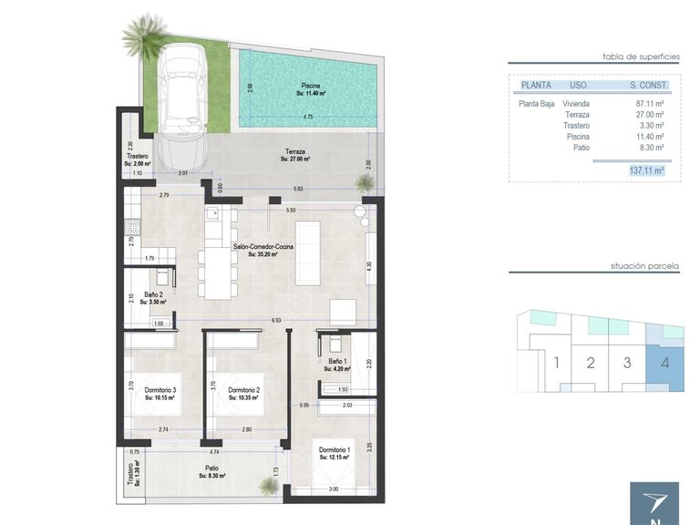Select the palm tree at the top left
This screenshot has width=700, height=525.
pyautogui.click(x=144, y=36)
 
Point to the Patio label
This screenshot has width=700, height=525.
pyautogui.click(x=211, y=468)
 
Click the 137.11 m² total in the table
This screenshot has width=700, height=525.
pyautogui.click(x=646, y=170)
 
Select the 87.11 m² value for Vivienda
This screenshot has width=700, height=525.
pyautogui.click(x=650, y=104)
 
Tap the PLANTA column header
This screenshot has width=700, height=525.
pyautogui.click(x=535, y=85)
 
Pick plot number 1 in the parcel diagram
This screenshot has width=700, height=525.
pyautogui.click(x=556, y=363)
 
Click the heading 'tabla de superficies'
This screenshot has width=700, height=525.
pyautogui.click(x=642, y=57)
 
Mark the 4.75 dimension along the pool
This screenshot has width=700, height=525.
pyautogui.click(x=309, y=117)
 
